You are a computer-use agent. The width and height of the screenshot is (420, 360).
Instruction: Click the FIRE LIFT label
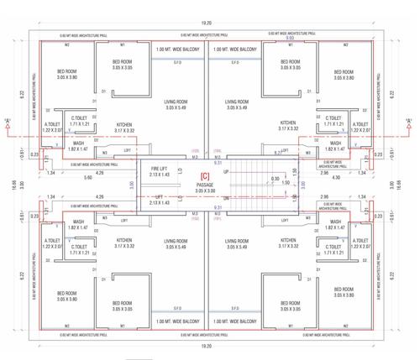click(x=160, y=170)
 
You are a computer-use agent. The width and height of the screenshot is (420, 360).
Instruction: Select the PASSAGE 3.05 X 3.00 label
click(x=205, y=186)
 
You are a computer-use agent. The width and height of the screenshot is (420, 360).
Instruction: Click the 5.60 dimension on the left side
click(x=64, y=177)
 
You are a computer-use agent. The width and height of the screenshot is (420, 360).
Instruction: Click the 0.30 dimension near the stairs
click(x=276, y=178)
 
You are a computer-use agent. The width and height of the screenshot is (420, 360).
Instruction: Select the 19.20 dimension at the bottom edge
click(x=207, y=346)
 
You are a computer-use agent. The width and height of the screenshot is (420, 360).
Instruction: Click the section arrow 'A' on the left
click(x=8, y=123)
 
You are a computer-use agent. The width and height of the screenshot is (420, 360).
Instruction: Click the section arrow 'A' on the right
click(x=409, y=123)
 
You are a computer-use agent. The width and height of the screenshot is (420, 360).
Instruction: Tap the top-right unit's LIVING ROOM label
click(x=241, y=103)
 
